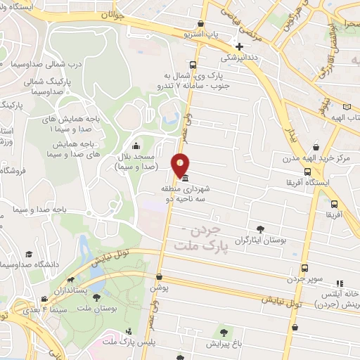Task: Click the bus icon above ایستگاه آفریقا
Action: tap(307, 172)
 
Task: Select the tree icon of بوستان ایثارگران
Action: tap(261, 229)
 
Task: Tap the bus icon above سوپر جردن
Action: tap(304, 268)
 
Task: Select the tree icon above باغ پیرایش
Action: tap(223, 332)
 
